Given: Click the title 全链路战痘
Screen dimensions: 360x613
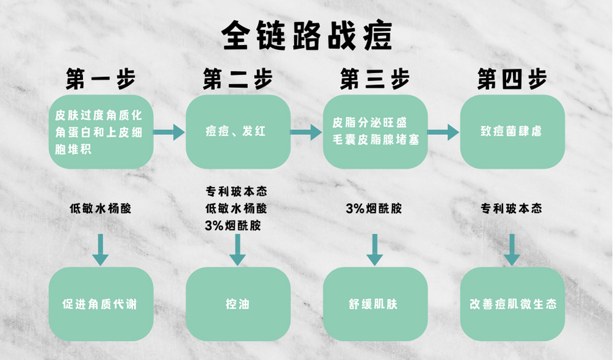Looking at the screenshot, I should (306, 35).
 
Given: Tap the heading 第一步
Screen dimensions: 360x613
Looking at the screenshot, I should (101, 79).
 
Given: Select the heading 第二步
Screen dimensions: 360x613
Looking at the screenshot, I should (238, 79).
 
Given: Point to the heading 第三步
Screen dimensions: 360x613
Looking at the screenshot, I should (374, 79).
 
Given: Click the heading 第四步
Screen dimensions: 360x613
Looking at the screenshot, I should (512, 79).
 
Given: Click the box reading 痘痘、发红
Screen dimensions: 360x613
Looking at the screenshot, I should (238, 131).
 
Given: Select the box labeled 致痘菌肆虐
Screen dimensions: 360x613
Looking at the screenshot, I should (512, 131).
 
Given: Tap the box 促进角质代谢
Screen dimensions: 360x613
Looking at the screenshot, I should (101, 304).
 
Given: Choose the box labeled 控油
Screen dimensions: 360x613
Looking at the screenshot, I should (238, 304).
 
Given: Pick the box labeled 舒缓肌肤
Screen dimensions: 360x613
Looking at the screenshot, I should (374, 304).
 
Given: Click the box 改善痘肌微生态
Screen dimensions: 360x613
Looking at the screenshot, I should (512, 304).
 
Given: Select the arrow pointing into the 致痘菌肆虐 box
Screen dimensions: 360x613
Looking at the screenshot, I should (443, 132).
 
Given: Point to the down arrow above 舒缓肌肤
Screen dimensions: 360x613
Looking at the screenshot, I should (374, 250).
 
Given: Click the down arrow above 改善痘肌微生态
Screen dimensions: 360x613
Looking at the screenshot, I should (512, 250).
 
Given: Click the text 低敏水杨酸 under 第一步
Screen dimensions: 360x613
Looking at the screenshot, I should (101, 209).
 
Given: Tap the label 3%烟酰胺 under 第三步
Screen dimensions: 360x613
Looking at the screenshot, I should (374, 209).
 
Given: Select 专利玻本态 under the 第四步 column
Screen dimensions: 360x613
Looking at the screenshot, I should (512, 209).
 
